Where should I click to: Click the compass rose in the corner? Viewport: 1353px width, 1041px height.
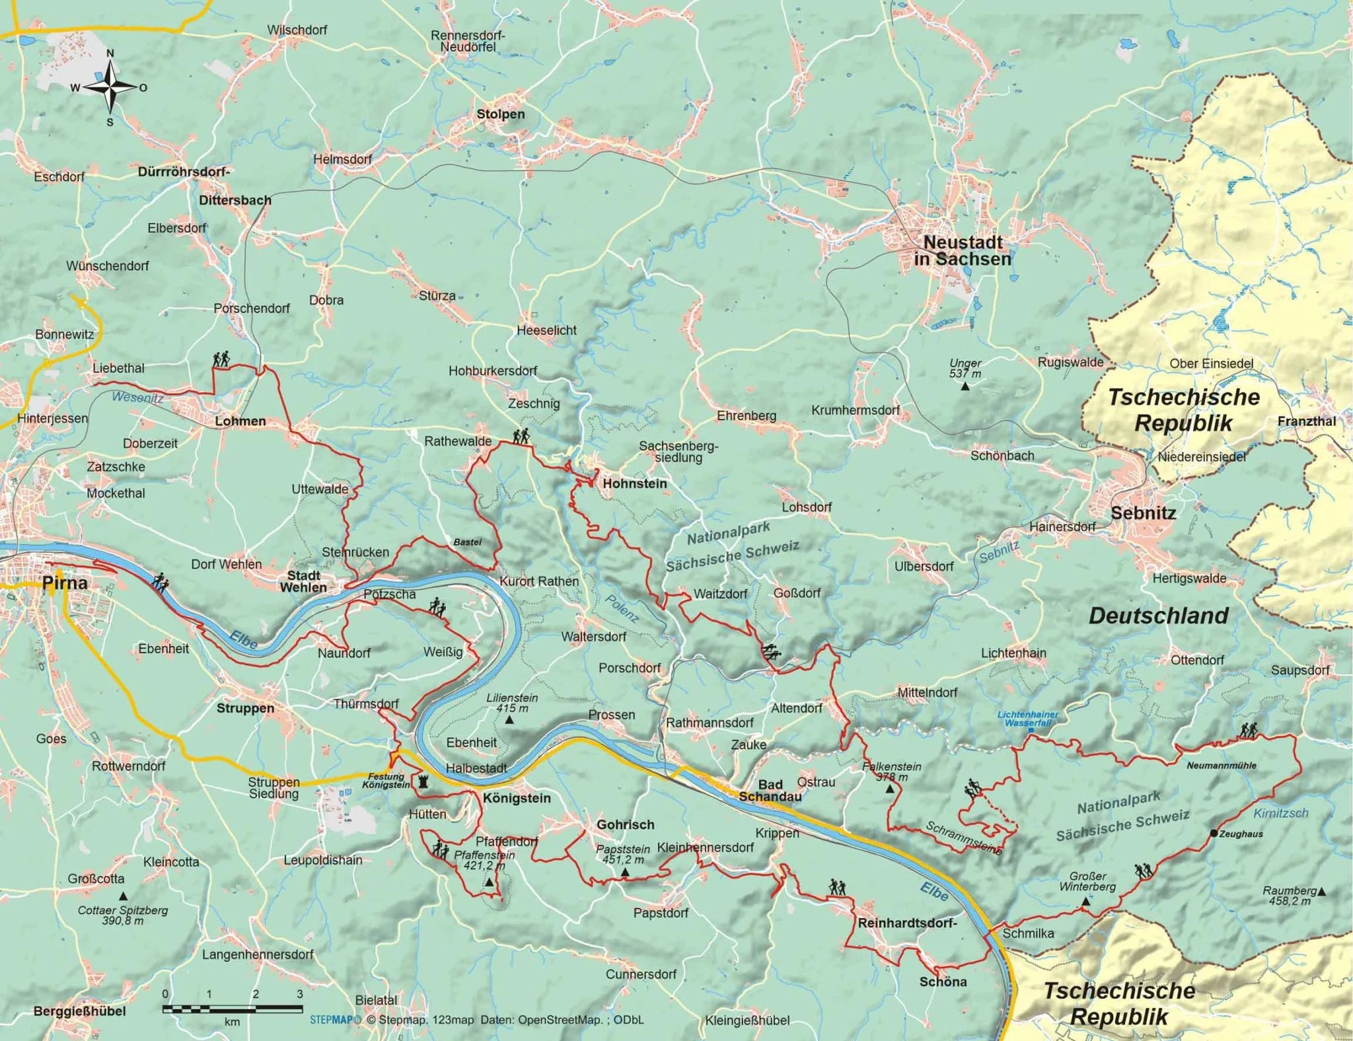click(x=110, y=87)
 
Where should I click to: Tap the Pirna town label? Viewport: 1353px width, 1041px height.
click(x=64, y=583)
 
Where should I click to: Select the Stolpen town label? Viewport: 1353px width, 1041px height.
click(x=501, y=114)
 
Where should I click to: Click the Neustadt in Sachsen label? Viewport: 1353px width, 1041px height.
click(x=963, y=251)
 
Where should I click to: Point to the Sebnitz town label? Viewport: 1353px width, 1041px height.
click(x=1143, y=513)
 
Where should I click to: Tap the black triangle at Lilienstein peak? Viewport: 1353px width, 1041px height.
click(x=509, y=720)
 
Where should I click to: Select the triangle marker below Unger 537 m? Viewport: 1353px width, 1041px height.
click(x=965, y=386)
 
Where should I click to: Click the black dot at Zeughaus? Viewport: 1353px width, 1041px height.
click(x=1213, y=834)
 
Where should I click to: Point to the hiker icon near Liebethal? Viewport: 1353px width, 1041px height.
click(x=221, y=359)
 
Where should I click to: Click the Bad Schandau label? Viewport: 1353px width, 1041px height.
click(x=770, y=791)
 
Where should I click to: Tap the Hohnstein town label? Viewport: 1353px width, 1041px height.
click(x=635, y=484)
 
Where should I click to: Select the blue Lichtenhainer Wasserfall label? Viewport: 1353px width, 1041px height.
click(x=1028, y=719)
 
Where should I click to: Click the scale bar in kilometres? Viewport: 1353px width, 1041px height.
click(x=233, y=1009)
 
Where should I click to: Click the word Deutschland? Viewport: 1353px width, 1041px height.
click(x=1158, y=616)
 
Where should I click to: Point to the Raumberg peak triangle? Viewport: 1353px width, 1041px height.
click(x=1321, y=892)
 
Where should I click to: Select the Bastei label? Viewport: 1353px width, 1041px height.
click(x=467, y=542)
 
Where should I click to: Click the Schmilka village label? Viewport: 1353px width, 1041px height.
click(x=1028, y=933)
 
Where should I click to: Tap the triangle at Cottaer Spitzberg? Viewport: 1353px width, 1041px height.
click(x=123, y=896)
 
